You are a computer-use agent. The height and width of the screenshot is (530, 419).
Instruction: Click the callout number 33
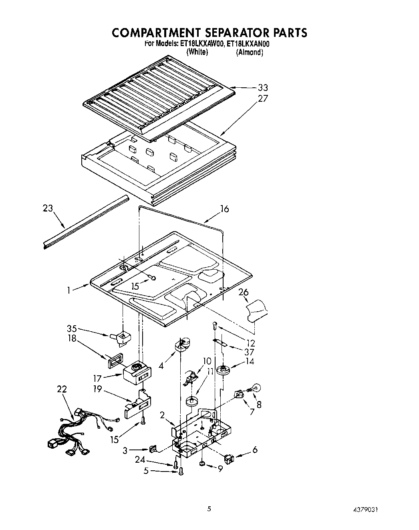point(263,88)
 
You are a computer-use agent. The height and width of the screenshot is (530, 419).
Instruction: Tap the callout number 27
point(263,99)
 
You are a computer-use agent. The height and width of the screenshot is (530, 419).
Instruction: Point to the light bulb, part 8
point(254,387)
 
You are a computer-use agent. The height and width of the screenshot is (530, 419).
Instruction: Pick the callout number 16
point(224,209)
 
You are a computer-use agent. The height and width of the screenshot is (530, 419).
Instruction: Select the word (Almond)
point(249,52)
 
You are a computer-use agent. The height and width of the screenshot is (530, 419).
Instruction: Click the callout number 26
point(244,293)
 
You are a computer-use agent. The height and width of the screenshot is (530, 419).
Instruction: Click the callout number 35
point(72,328)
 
